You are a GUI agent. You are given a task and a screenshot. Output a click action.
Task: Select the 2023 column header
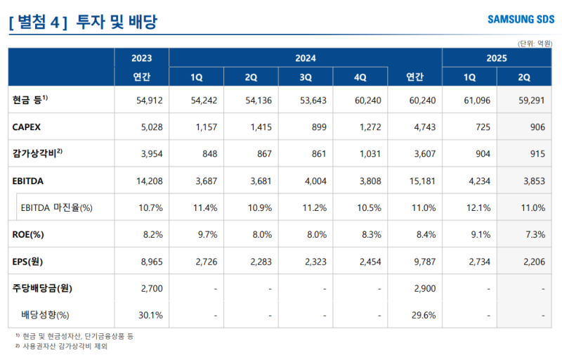click(141, 58)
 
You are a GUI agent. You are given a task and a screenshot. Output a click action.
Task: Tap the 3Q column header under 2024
click(306, 77)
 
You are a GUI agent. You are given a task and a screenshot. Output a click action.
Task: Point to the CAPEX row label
click(27, 127)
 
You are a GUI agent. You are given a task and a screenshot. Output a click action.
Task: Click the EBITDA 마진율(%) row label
click(57, 207)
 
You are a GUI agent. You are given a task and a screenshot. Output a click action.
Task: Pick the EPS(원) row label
click(29, 261)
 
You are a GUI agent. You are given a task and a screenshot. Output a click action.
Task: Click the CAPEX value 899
click(313, 127)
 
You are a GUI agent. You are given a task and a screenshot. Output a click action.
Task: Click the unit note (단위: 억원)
click(535, 43)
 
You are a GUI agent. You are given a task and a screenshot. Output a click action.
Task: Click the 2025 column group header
click(497, 58)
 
